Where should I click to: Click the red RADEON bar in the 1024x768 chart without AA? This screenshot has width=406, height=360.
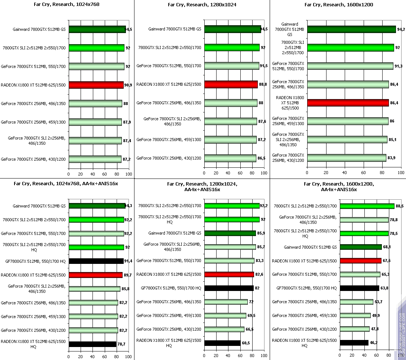point(96,85)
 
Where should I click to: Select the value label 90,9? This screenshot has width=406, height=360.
point(129,85)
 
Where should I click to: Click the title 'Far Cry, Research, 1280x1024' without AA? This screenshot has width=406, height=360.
point(202,5)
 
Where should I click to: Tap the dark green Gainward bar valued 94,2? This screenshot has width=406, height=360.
point(351,29)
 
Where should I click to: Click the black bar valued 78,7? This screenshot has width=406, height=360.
point(92,344)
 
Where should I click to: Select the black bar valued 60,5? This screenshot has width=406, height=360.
point(222,343)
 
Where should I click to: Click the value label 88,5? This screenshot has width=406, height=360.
point(400,206)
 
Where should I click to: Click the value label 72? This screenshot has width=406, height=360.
point(251,302)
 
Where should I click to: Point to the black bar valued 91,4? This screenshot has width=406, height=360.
point(96,261)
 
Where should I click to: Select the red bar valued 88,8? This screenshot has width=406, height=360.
point(231,84)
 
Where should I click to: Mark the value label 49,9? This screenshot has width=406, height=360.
point(377,315)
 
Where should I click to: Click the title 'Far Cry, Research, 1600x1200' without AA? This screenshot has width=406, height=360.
point(339,5)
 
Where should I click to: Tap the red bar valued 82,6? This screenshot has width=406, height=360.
point(228,274)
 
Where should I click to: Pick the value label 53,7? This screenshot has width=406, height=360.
point(379,302)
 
